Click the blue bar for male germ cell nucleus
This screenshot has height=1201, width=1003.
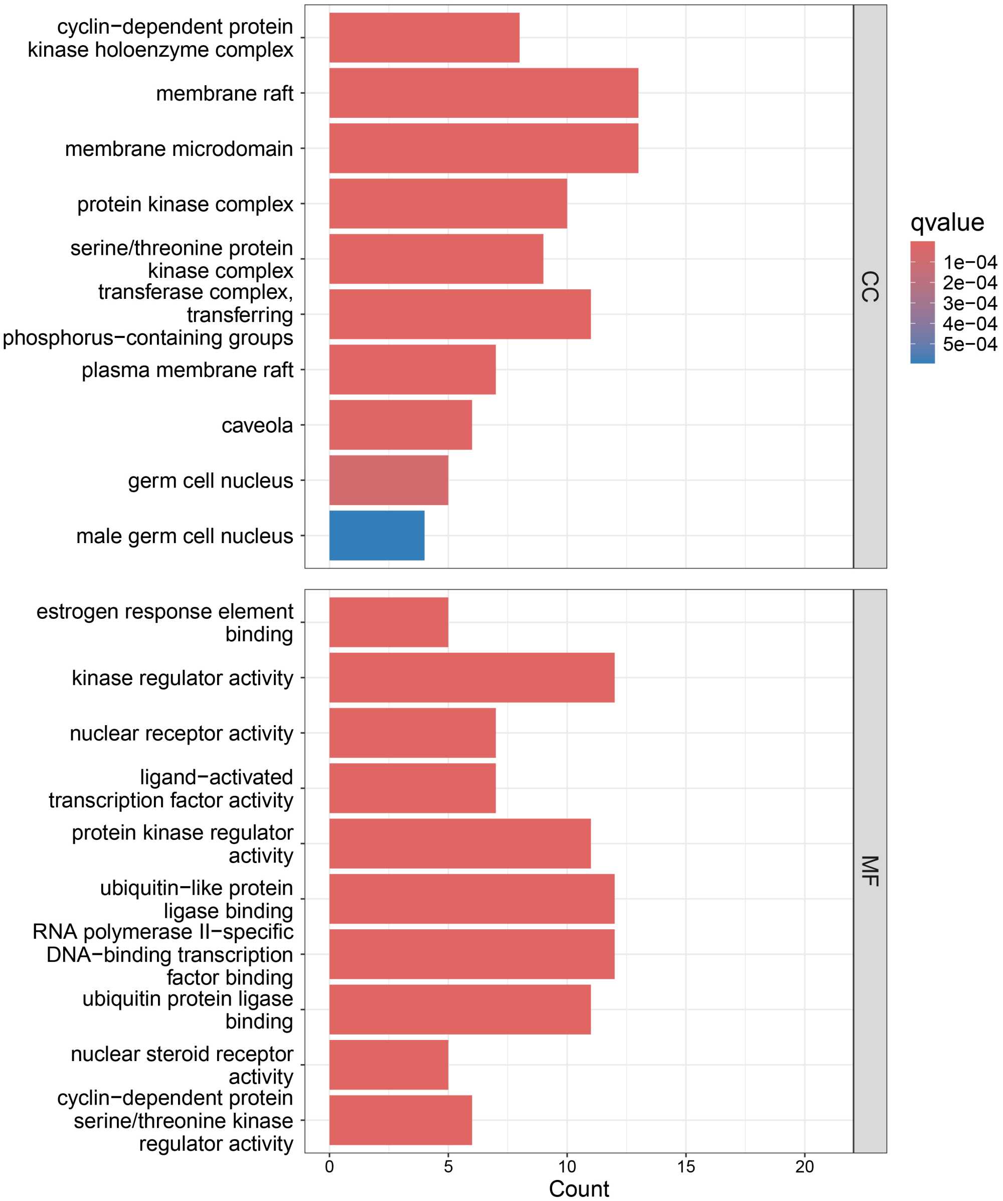(376, 535)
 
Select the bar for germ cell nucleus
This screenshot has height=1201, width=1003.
(388, 480)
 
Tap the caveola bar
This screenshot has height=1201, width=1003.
(400, 424)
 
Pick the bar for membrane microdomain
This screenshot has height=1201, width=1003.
(483, 148)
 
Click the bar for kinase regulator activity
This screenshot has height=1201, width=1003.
(471, 677)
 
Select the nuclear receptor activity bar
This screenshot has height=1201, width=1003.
(412, 733)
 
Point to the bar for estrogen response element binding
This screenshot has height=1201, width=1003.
(388, 622)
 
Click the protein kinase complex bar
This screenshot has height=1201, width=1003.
(448, 204)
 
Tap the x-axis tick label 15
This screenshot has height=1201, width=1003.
(686, 1167)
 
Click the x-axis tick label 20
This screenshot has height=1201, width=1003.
(804, 1167)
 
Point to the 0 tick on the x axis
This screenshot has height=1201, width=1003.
(329, 1167)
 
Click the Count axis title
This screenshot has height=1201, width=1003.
(579, 1189)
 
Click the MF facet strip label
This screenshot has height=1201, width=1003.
(869, 871)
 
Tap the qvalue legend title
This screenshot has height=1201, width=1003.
(947, 223)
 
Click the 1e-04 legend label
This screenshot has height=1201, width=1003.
(970, 262)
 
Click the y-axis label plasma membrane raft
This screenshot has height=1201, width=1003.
(187, 370)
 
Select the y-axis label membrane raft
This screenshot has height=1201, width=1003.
(224, 93)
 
